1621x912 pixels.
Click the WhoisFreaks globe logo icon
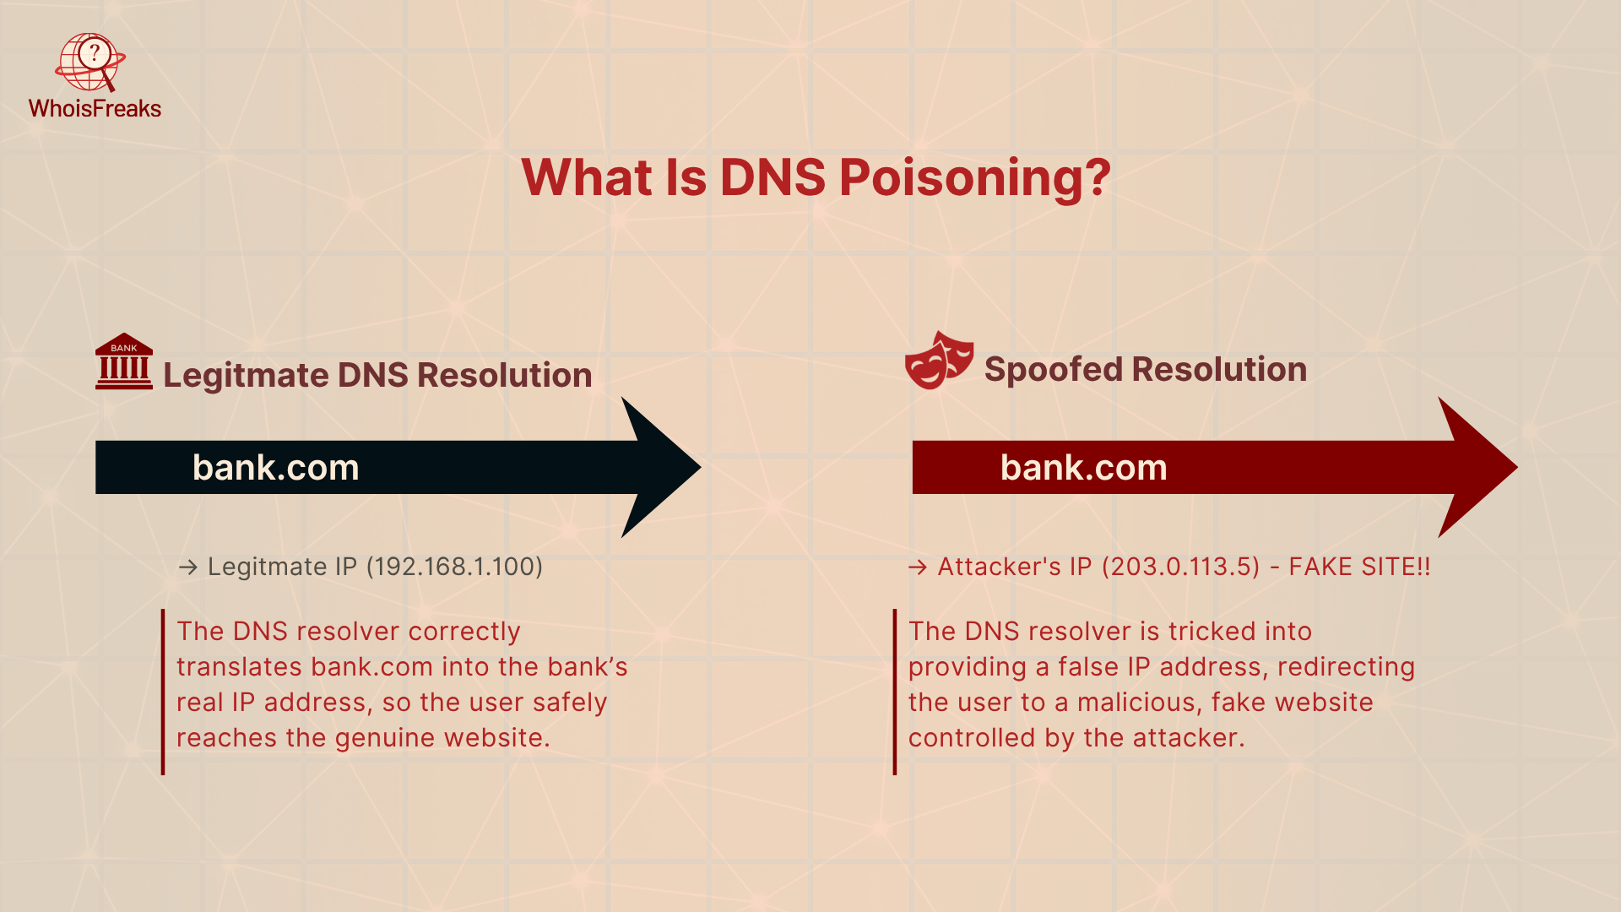point(90,62)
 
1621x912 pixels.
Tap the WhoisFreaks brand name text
point(95,109)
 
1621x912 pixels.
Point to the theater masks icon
point(939,360)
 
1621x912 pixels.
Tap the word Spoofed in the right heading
point(1052,370)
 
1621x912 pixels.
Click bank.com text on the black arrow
point(276,468)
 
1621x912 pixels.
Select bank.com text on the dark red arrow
point(1083,468)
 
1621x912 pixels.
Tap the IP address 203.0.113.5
point(1181,567)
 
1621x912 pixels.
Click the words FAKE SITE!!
point(1359,567)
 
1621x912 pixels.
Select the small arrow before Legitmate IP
point(187,567)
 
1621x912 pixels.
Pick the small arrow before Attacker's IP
point(917,567)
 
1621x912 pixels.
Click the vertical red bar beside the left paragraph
point(163,692)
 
